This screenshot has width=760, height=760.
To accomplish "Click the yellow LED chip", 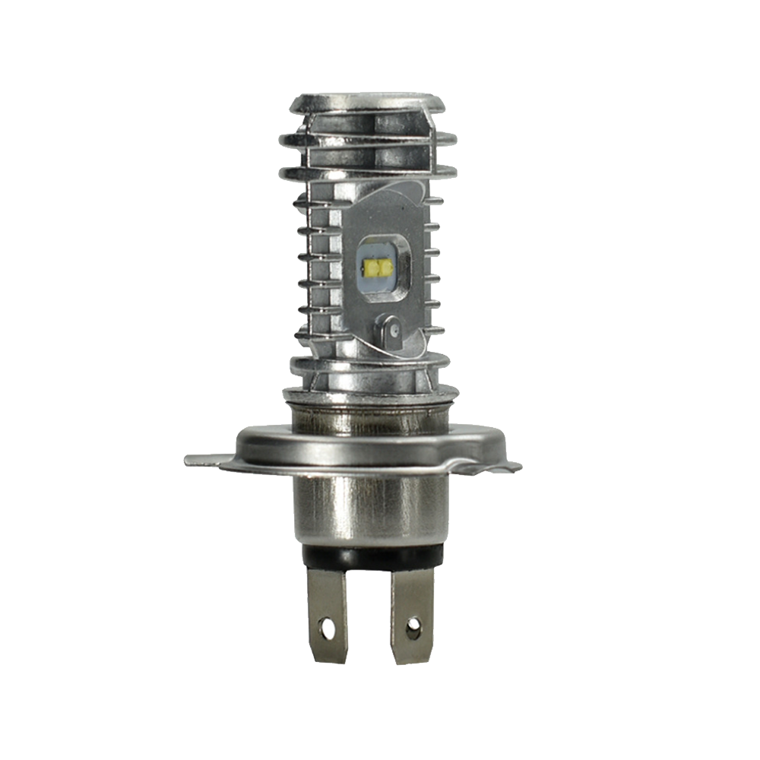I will tap(378, 267).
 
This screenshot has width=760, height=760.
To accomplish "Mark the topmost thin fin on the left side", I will tap(304, 201).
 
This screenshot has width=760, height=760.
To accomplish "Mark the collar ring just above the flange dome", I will tap(370, 394).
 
